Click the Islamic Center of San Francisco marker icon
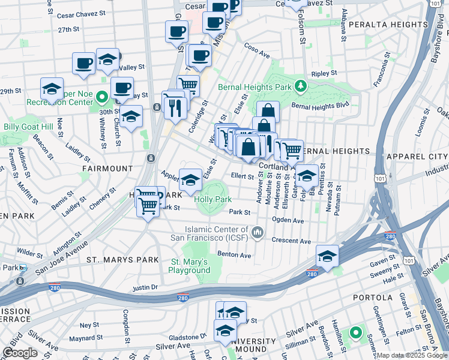click(258, 232)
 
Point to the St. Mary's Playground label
click(189, 266)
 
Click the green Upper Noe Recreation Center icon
click(102, 96)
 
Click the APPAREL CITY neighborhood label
click(414, 156)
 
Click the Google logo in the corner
click(20, 353)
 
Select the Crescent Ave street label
click(291, 241)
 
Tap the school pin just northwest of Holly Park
click(190, 179)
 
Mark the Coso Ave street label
click(256, 50)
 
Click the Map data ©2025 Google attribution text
click(412, 355)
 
